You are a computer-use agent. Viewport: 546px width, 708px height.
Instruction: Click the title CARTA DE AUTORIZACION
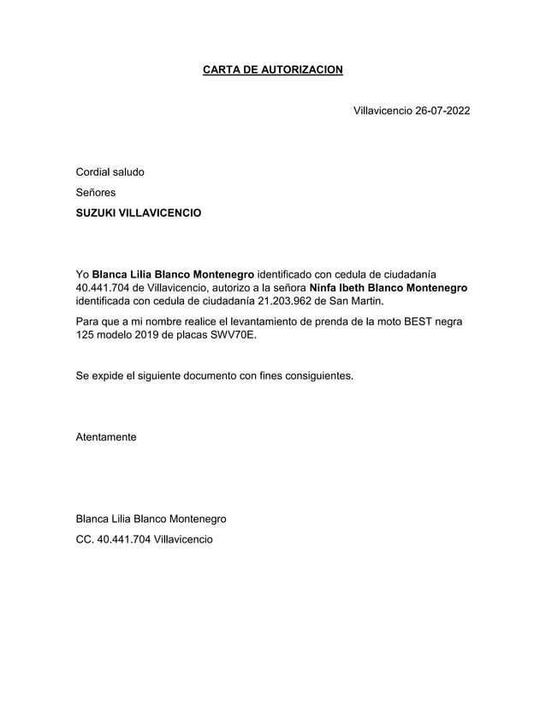pos(272,69)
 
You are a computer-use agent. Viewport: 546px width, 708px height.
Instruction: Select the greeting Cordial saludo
pos(110,171)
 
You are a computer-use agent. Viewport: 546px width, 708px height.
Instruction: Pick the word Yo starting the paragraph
pos(82,273)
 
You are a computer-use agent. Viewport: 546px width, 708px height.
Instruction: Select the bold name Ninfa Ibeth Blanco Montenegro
pos(389,287)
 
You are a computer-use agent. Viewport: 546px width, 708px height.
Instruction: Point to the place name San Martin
pos(357,301)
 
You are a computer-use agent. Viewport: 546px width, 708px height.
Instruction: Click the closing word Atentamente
pos(106,437)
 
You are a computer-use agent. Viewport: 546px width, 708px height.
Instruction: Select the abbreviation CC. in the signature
pos(85,539)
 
